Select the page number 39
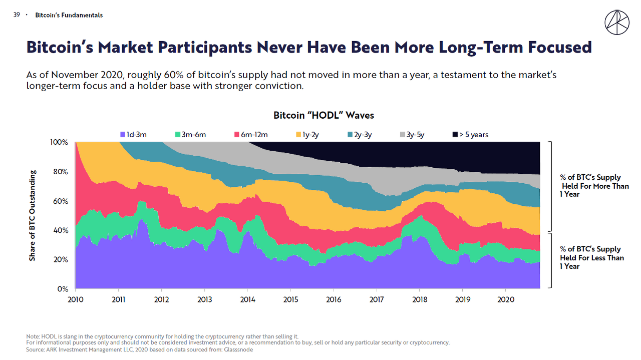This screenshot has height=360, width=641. click(x=17, y=15)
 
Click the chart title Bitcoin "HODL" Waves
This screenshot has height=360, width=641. click(x=324, y=115)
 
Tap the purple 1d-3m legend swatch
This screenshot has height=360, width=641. click(x=122, y=134)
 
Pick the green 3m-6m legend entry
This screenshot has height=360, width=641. click(x=191, y=134)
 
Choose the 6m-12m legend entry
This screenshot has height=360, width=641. click(x=251, y=134)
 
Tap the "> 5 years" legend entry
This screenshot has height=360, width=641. click(x=470, y=134)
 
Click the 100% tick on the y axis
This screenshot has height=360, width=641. click(x=59, y=142)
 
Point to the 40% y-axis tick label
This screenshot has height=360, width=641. click(x=60, y=230)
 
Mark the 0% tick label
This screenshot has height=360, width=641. click(x=62, y=289)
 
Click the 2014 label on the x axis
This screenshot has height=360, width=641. click(x=247, y=299)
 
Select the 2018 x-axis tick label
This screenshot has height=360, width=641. click(x=420, y=299)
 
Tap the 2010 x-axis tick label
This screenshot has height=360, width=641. click(x=75, y=299)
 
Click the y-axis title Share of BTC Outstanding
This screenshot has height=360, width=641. click(x=33, y=215)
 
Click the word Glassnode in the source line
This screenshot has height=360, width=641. click(x=239, y=349)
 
